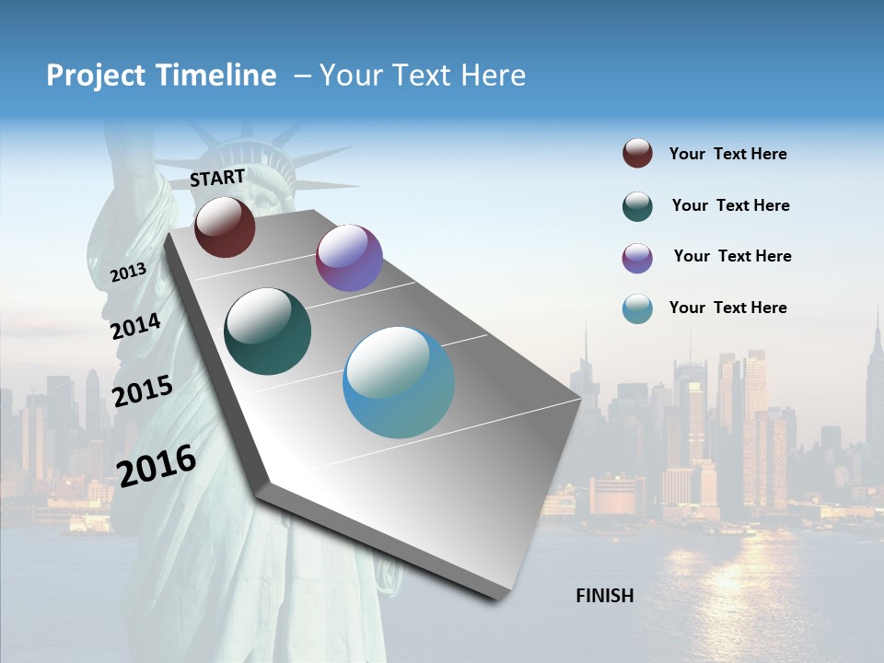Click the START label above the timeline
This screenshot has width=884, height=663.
(217, 178)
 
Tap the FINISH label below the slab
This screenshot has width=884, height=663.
(605, 596)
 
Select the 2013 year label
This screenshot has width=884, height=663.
(129, 273)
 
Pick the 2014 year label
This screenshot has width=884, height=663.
(136, 327)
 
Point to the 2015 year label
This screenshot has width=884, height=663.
(143, 391)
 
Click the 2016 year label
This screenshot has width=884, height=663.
(157, 465)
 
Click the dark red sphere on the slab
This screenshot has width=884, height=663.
(225, 227)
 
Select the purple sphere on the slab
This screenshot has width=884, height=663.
(349, 258)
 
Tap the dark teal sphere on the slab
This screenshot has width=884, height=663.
(268, 331)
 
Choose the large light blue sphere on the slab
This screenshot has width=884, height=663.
(399, 382)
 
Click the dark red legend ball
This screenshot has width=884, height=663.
(637, 154)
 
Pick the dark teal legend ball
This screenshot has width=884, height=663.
(637, 206)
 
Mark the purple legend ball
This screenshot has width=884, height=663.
(637, 258)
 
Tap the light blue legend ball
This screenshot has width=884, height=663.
(637, 308)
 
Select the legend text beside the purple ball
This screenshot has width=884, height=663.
(732, 256)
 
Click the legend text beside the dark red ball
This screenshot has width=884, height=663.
(727, 154)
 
